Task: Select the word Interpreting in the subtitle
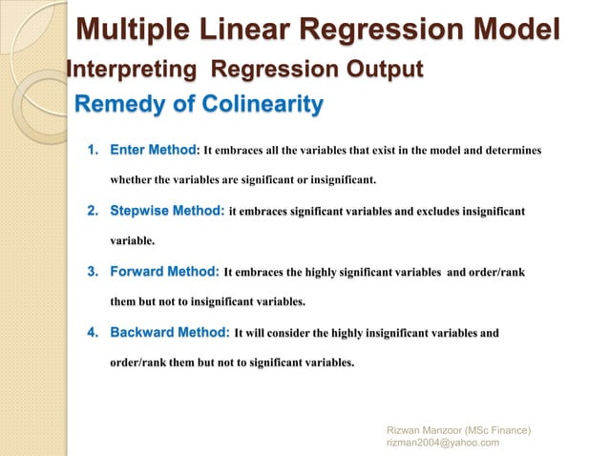point(133,70)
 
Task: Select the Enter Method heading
point(153,151)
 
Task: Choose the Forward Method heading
point(165,272)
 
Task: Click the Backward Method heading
point(170,333)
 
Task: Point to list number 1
point(94,151)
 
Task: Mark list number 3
point(94,272)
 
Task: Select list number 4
point(94,333)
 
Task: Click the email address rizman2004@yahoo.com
point(443,441)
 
